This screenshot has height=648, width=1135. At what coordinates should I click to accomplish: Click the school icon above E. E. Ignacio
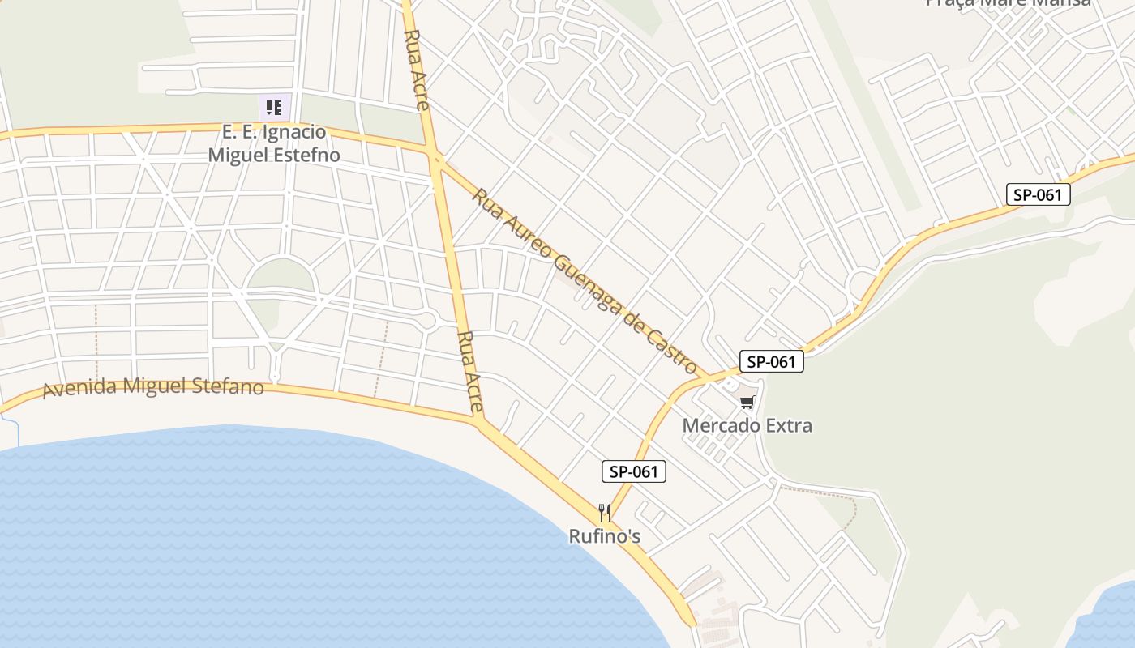pos(274,107)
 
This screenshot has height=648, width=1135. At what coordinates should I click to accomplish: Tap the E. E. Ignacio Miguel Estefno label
pos(274,143)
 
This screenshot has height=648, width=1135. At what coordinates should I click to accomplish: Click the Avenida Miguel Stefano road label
pos(153,386)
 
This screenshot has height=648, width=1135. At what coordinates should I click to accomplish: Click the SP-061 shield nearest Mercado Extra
pos(771,361)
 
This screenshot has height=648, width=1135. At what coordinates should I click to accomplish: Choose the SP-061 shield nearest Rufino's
pos(633,471)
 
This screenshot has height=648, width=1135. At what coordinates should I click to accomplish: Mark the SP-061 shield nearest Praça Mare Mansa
pos(1038,194)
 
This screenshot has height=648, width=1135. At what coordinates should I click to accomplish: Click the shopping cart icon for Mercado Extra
pos(747,403)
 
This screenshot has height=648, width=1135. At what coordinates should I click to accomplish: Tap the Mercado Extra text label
pos(747,425)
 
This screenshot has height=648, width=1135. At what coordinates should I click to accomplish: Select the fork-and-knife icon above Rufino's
pos(604,512)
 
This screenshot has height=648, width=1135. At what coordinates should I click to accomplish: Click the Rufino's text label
pos(604,536)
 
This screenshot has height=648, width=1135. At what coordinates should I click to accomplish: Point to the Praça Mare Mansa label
pos(1008,3)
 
